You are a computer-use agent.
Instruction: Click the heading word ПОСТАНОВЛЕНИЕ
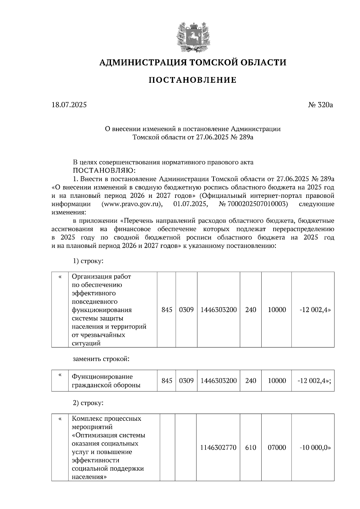point(193,80)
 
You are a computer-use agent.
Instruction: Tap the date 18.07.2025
point(69,105)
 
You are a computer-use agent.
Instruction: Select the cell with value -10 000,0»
point(315,448)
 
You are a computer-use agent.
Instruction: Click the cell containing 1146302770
point(218,448)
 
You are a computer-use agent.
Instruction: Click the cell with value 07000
point(277,448)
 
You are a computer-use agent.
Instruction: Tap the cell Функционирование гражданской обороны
point(106,381)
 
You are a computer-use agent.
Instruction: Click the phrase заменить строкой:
point(101,359)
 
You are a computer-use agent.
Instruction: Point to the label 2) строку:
point(88,403)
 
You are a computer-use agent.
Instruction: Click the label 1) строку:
point(88,261)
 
